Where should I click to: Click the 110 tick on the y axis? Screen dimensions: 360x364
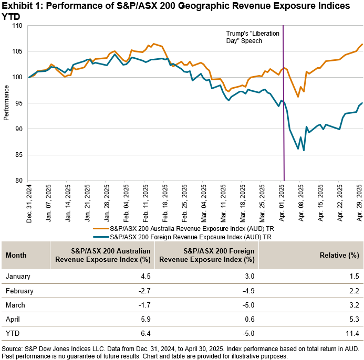pyautogui.click(x=18, y=26)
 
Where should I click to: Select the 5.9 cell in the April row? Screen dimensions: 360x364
pyautogui.click(x=145, y=319)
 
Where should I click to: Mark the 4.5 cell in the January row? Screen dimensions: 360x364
pyautogui.click(x=145, y=277)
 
